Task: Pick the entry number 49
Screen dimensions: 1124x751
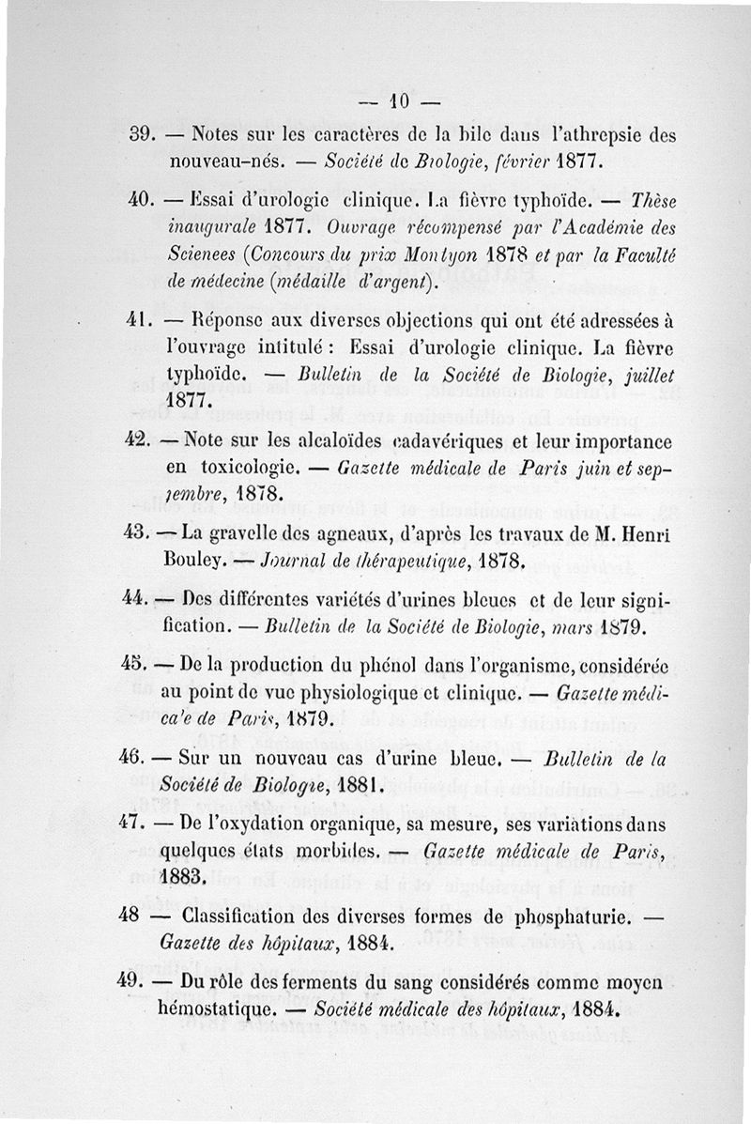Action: (139, 984)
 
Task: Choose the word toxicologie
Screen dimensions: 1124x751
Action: (245, 466)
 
